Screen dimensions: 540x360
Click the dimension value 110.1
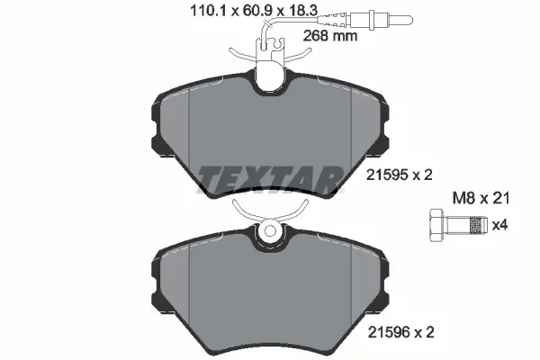[208, 11]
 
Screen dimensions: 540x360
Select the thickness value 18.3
[303, 11]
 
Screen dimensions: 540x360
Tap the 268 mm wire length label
[330, 35]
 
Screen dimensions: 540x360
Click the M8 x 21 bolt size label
[481, 198]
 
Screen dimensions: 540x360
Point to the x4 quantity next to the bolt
[499, 225]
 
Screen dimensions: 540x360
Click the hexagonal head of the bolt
[436, 225]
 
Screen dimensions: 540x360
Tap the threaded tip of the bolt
[479, 225]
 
